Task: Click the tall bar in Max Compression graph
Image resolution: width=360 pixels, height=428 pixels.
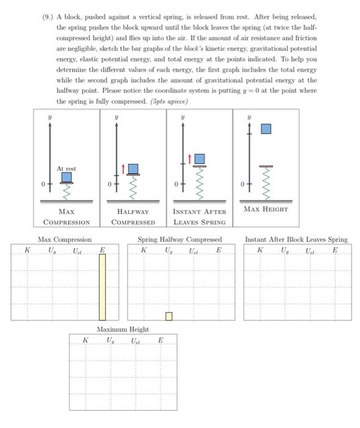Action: coord(102,287)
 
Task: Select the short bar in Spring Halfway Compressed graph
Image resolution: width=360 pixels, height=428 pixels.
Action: coord(169,315)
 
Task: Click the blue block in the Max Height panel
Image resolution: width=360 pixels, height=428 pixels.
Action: coord(266,129)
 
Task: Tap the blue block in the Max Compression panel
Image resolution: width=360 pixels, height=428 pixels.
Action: coord(67,177)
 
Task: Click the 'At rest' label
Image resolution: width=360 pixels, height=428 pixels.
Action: coord(66,168)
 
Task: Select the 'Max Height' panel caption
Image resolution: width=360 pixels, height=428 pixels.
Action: coord(266,210)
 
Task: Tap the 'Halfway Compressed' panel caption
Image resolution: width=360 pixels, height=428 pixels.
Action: coord(133,216)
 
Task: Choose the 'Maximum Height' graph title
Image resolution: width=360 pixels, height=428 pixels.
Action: coord(123,330)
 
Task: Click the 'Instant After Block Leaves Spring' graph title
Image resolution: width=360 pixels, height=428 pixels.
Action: coord(296,240)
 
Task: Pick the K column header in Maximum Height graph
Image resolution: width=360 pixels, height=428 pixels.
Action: coord(85,340)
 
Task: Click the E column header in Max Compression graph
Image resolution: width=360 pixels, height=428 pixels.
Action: coord(102,249)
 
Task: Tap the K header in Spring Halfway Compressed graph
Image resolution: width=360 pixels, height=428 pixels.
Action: coord(144,250)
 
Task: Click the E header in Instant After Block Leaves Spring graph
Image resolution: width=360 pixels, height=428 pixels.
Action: coord(334,250)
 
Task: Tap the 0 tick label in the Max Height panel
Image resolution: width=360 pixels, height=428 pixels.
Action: coord(243,184)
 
